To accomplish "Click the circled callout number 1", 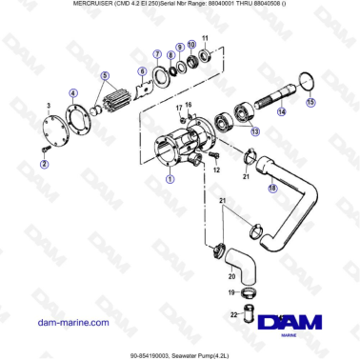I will (170, 178).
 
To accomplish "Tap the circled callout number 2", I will (44, 165).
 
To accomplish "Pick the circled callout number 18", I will (272, 189).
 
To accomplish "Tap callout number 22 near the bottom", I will (234, 313).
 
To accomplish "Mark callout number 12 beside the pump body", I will (216, 169).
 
